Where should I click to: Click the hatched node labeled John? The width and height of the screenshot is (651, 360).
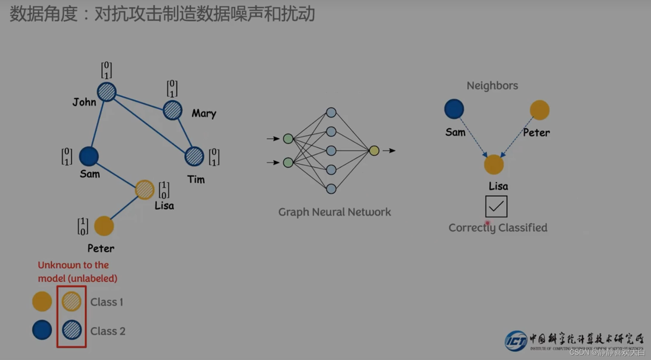click(x=107, y=92)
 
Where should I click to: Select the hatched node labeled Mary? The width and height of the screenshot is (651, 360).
click(x=172, y=110)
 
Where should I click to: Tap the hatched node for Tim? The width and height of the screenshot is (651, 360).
click(x=194, y=156)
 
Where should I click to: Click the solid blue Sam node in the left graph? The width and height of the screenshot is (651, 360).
click(x=89, y=156)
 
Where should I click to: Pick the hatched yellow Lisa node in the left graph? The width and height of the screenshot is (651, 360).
click(x=144, y=190)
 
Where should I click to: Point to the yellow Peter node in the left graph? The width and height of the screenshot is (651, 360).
click(x=104, y=226)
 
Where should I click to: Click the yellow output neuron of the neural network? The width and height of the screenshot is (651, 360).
click(x=374, y=151)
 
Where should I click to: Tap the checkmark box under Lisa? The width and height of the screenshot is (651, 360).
click(x=496, y=206)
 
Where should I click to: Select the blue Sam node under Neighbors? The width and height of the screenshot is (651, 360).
click(x=454, y=109)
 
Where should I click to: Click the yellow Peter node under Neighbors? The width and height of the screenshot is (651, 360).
click(x=539, y=110)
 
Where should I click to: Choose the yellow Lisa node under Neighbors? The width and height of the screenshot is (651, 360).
click(x=494, y=165)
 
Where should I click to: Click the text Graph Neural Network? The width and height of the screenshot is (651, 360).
click(x=334, y=212)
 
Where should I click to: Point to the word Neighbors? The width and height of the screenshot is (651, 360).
click(x=492, y=85)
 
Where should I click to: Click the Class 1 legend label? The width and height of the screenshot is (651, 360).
click(x=107, y=302)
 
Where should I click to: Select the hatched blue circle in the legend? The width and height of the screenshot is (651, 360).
click(x=72, y=330)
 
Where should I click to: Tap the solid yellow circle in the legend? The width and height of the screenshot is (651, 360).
click(x=42, y=301)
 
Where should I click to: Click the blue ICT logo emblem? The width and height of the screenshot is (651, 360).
click(x=516, y=341)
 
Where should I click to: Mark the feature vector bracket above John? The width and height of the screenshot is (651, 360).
click(x=106, y=70)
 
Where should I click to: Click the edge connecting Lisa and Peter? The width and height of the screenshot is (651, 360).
click(x=124, y=208)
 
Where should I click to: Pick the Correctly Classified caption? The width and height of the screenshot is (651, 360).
click(x=498, y=228)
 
